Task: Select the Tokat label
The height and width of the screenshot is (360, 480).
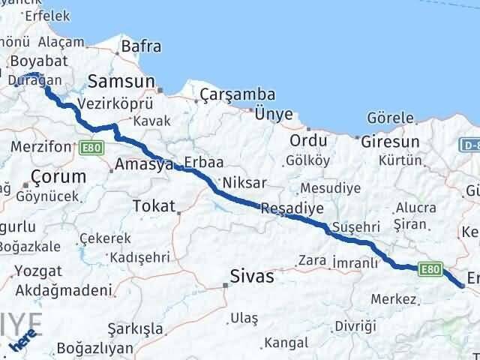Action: [153, 205]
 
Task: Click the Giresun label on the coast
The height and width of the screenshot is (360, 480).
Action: [389, 140]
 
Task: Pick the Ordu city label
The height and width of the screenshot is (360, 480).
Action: [309, 140]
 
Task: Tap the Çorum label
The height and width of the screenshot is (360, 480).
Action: [58, 176]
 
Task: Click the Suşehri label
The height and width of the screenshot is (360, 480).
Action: [361, 225]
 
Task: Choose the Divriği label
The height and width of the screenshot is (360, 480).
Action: [355, 325]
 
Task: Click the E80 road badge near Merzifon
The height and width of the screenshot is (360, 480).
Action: [90, 148]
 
